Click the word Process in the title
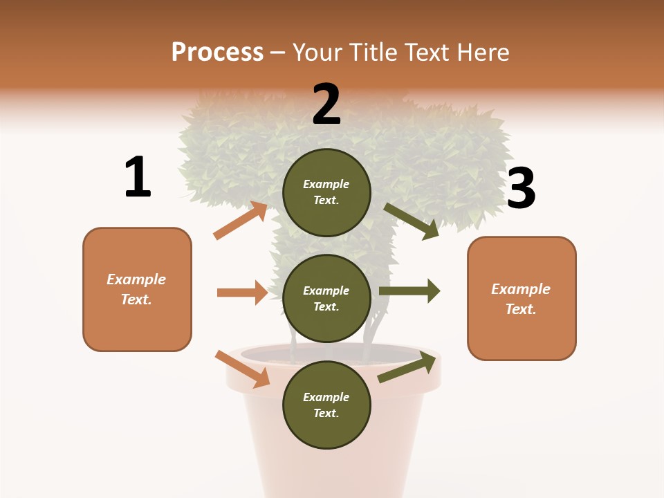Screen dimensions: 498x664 (217, 52)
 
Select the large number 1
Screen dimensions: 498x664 (138, 177)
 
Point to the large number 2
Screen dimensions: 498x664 (326, 104)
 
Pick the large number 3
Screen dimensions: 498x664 (521, 188)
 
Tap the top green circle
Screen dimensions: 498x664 (326, 192)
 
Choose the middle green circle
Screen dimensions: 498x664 (326, 298)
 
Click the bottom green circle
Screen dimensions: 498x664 (326, 405)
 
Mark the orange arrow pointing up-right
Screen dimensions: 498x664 (241, 220)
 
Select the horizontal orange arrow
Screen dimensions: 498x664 (242, 293)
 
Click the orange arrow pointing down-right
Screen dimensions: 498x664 (243, 368)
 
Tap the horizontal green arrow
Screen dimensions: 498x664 (409, 290)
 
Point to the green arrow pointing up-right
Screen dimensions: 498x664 (408, 368)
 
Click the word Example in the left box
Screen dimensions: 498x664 (136, 279)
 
